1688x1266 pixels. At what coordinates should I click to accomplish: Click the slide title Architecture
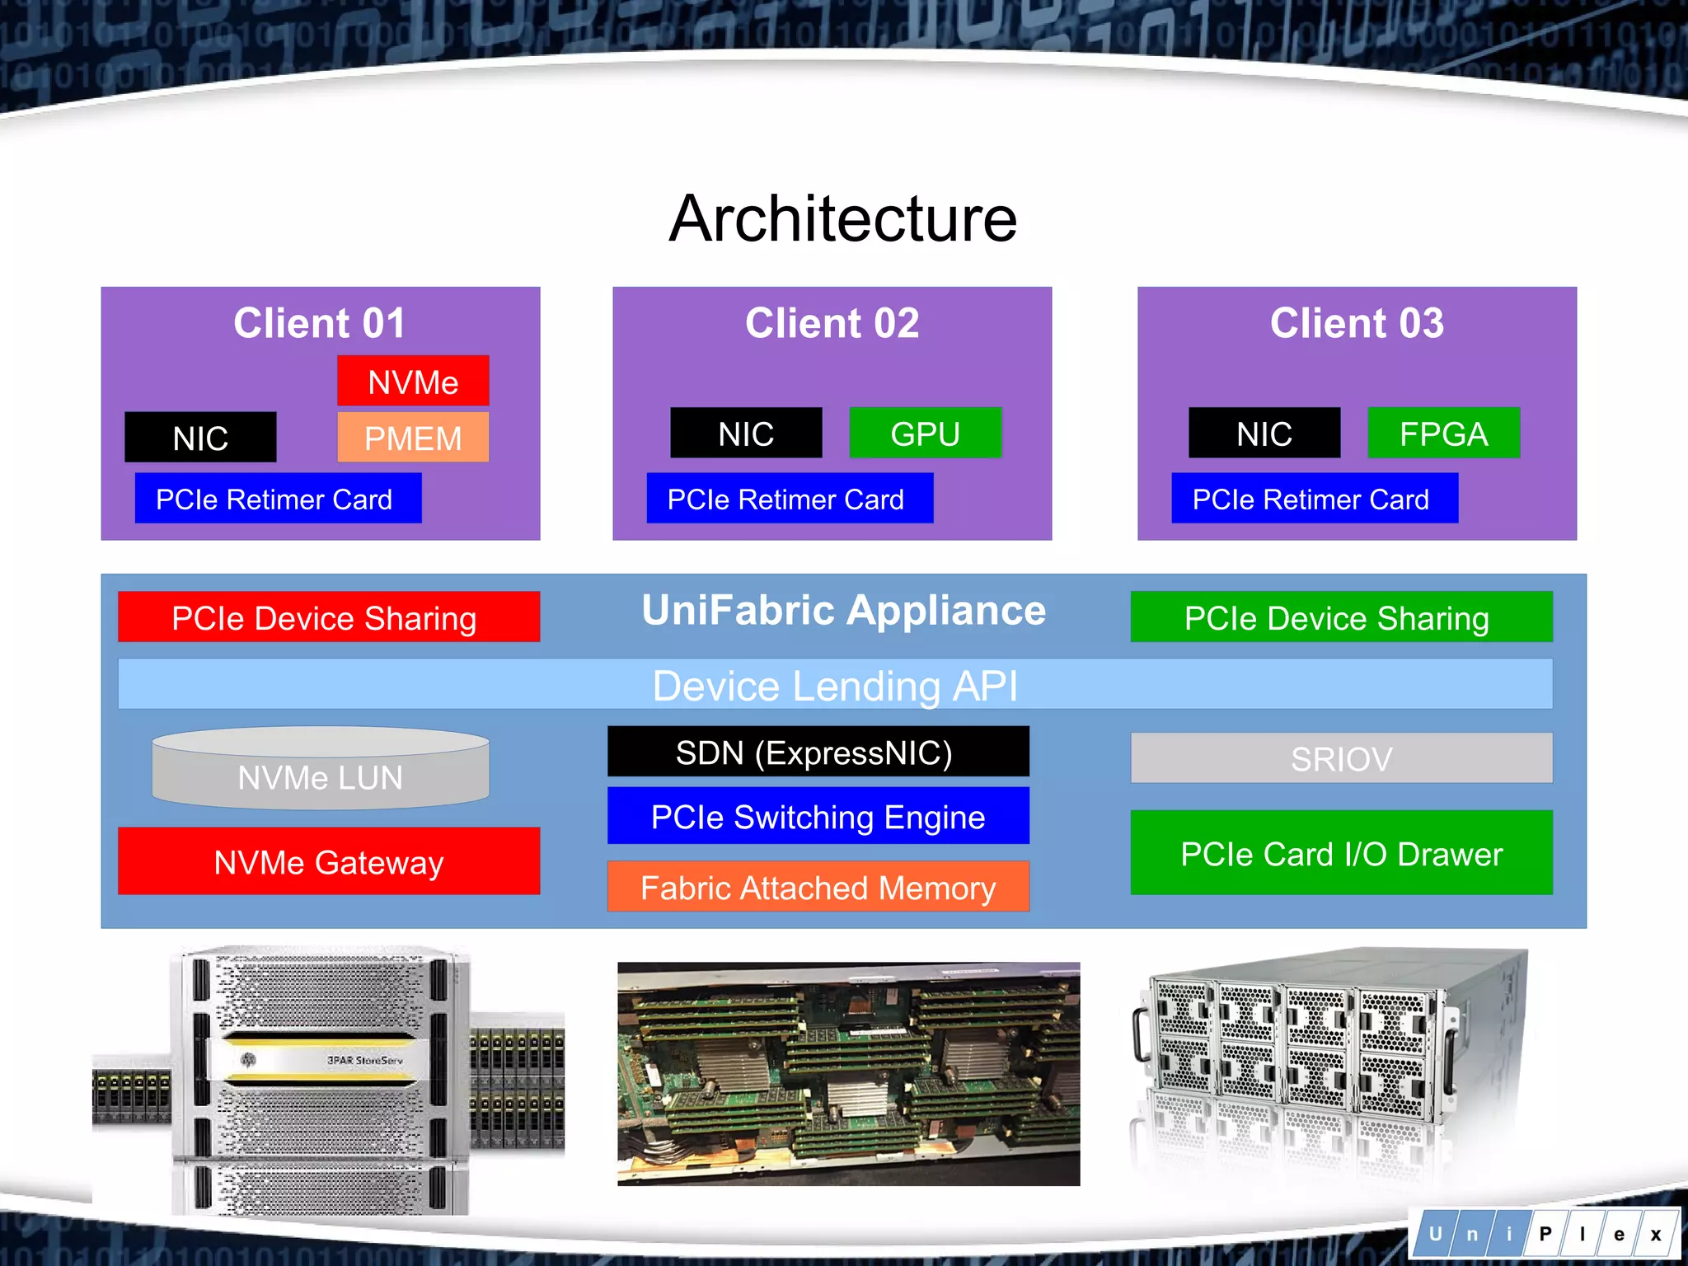coord(842,218)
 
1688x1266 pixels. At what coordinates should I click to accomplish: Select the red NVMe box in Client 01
coord(413,382)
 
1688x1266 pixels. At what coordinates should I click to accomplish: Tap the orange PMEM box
coord(413,438)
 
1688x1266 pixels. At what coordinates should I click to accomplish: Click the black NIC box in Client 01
coord(200,438)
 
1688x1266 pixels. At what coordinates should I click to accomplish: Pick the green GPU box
coord(925,434)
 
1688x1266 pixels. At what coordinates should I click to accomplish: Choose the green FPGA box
coord(1443,434)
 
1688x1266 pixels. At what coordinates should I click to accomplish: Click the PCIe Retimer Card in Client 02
coord(789,499)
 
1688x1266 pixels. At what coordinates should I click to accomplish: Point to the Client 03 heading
coord(1357,322)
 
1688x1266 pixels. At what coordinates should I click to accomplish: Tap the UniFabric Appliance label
coord(843,611)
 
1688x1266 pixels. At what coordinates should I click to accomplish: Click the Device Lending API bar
coord(834,685)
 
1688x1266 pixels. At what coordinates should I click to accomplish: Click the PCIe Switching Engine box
coord(818,816)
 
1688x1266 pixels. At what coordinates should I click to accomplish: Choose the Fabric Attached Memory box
coord(818,887)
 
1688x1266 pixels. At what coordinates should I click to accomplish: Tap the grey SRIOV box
coord(1341,758)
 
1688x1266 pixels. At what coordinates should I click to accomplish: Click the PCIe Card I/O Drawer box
coord(1341,853)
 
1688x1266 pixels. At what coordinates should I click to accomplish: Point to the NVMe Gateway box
coord(328,861)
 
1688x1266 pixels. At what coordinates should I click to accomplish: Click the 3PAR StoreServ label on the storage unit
coord(364,1060)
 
